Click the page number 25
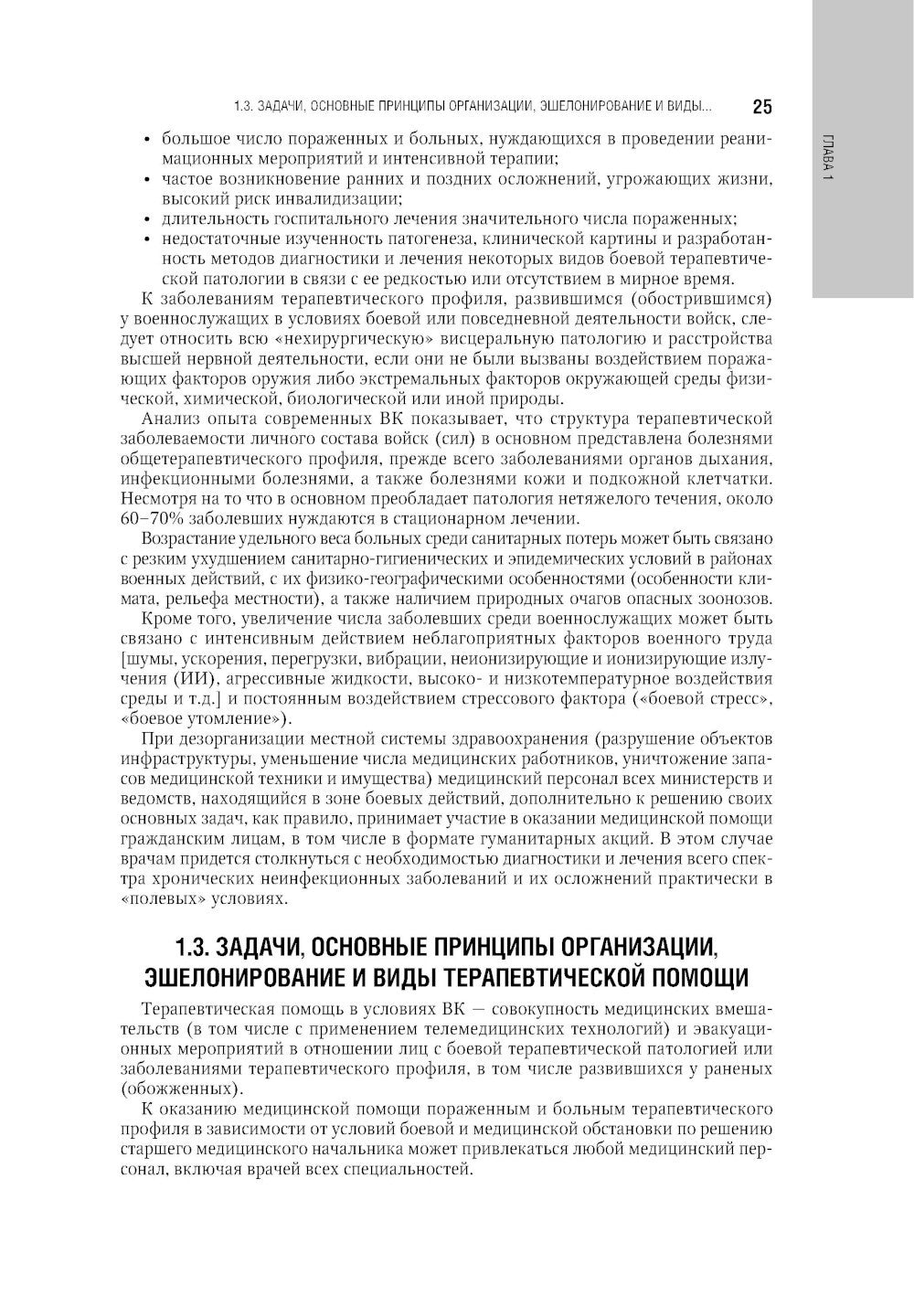click(x=762, y=107)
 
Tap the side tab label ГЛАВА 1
click(x=827, y=158)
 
